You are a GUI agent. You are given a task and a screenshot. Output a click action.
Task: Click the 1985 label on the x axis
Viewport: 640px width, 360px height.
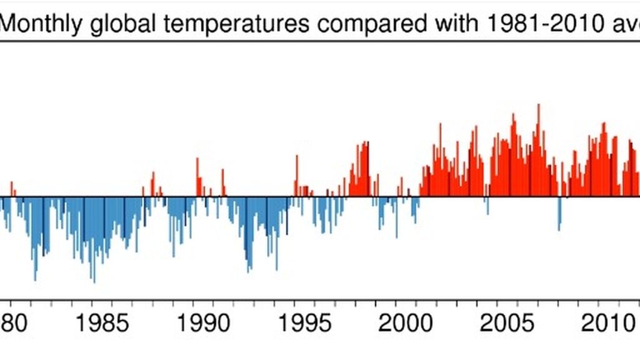point(104,325)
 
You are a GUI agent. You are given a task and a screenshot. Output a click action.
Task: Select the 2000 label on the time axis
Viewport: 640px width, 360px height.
point(397,325)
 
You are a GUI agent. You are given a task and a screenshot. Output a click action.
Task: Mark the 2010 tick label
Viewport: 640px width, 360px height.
point(601,325)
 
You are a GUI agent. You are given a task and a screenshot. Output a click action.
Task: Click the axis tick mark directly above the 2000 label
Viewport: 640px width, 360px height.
point(397,303)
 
